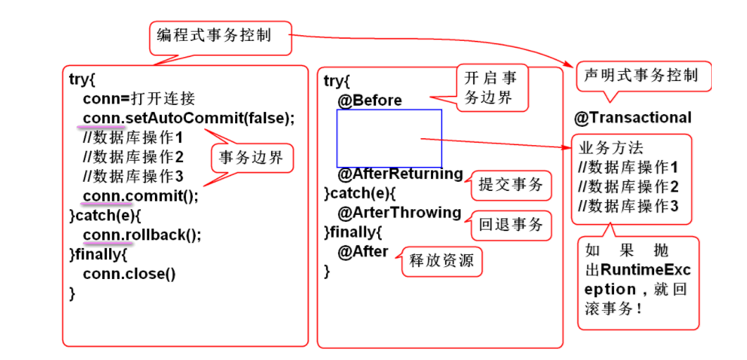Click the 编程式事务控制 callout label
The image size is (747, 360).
tap(220, 37)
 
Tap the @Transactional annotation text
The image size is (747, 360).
tap(632, 118)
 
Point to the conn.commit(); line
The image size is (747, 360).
tap(140, 196)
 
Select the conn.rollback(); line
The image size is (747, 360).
tap(142, 235)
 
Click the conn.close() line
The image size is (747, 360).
tap(129, 273)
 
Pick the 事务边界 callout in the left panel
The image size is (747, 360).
tap(251, 158)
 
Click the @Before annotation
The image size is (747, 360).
tap(370, 101)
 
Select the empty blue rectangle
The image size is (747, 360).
tap(389, 138)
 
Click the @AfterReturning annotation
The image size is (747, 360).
tap(400, 173)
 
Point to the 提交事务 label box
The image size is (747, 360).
tap(510, 185)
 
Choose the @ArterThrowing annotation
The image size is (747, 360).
tap(399, 213)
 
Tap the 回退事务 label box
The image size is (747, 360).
tap(510, 225)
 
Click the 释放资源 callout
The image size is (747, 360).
tap(442, 262)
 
